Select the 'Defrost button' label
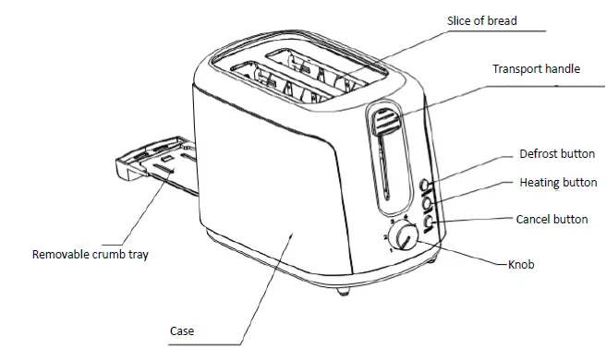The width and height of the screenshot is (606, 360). pyautogui.click(x=557, y=154)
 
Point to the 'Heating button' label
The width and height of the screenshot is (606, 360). pyautogui.click(x=558, y=183)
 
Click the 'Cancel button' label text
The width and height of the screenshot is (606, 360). pyautogui.click(x=551, y=220)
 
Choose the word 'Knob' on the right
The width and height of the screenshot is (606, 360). pyautogui.click(x=522, y=265)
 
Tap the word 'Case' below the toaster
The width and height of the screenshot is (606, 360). pyautogui.click(x=182, y=330)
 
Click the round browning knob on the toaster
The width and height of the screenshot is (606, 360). pyautogui.click(x=403, y=242)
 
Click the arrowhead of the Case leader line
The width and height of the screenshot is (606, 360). pyautogui.click(x=294, y=234)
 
